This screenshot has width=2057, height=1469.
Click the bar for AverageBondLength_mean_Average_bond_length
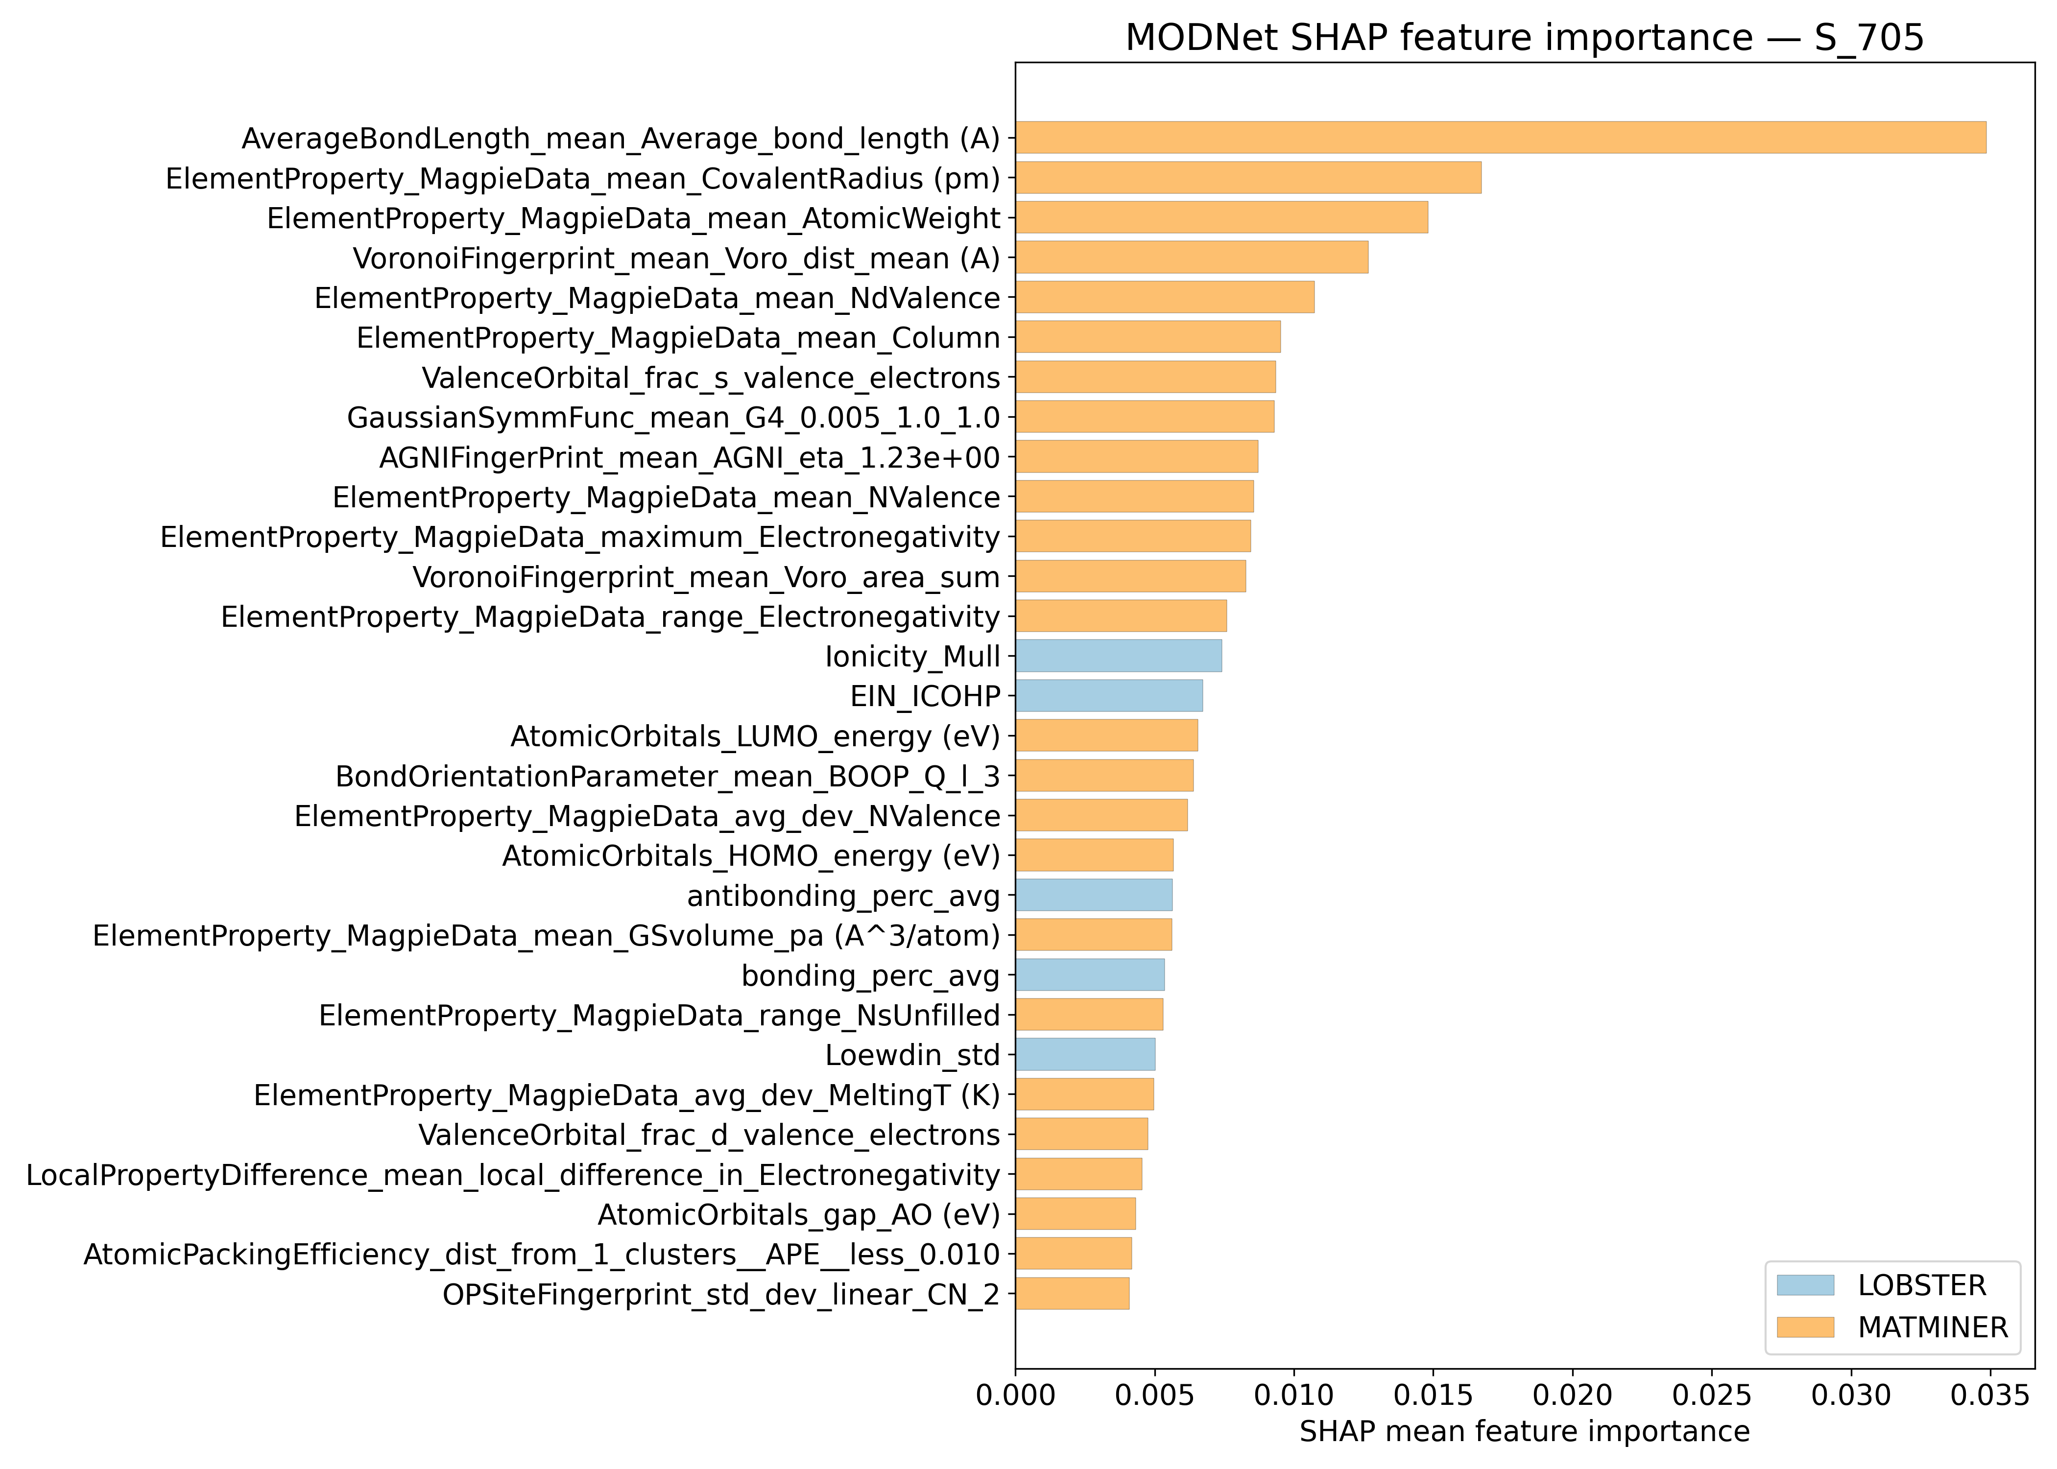pos(1500,138)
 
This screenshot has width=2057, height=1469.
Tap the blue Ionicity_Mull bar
pos(1118,656)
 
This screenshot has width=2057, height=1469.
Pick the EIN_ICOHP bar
pos(1108,696)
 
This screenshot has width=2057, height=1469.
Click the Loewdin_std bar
pos(1085,1055)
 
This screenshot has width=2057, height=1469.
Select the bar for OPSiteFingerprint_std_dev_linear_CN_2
pos(1072,1294)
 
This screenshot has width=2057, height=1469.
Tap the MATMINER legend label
pos(1932,1327)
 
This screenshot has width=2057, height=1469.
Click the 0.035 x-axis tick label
pos(1989,1395)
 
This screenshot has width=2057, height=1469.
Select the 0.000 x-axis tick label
pos(1015,1395)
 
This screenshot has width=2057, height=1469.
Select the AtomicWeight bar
pos(1221,217)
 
